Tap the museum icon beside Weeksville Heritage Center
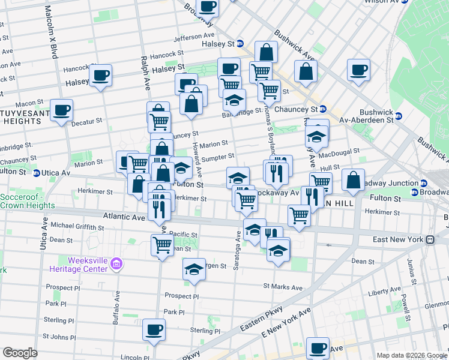(x=118, y=263)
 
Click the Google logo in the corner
(x=20, y=353)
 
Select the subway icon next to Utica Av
(x=37, y=173)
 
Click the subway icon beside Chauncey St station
(x=322, y=109)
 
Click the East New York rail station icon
(x=430, y=239)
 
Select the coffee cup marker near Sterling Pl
(x=154, y=329)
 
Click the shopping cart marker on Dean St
(x=162, y=244)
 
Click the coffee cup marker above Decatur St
(x=61, y=110)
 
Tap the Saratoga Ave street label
(x=238, y=255)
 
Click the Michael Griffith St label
(x=77, y=226)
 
